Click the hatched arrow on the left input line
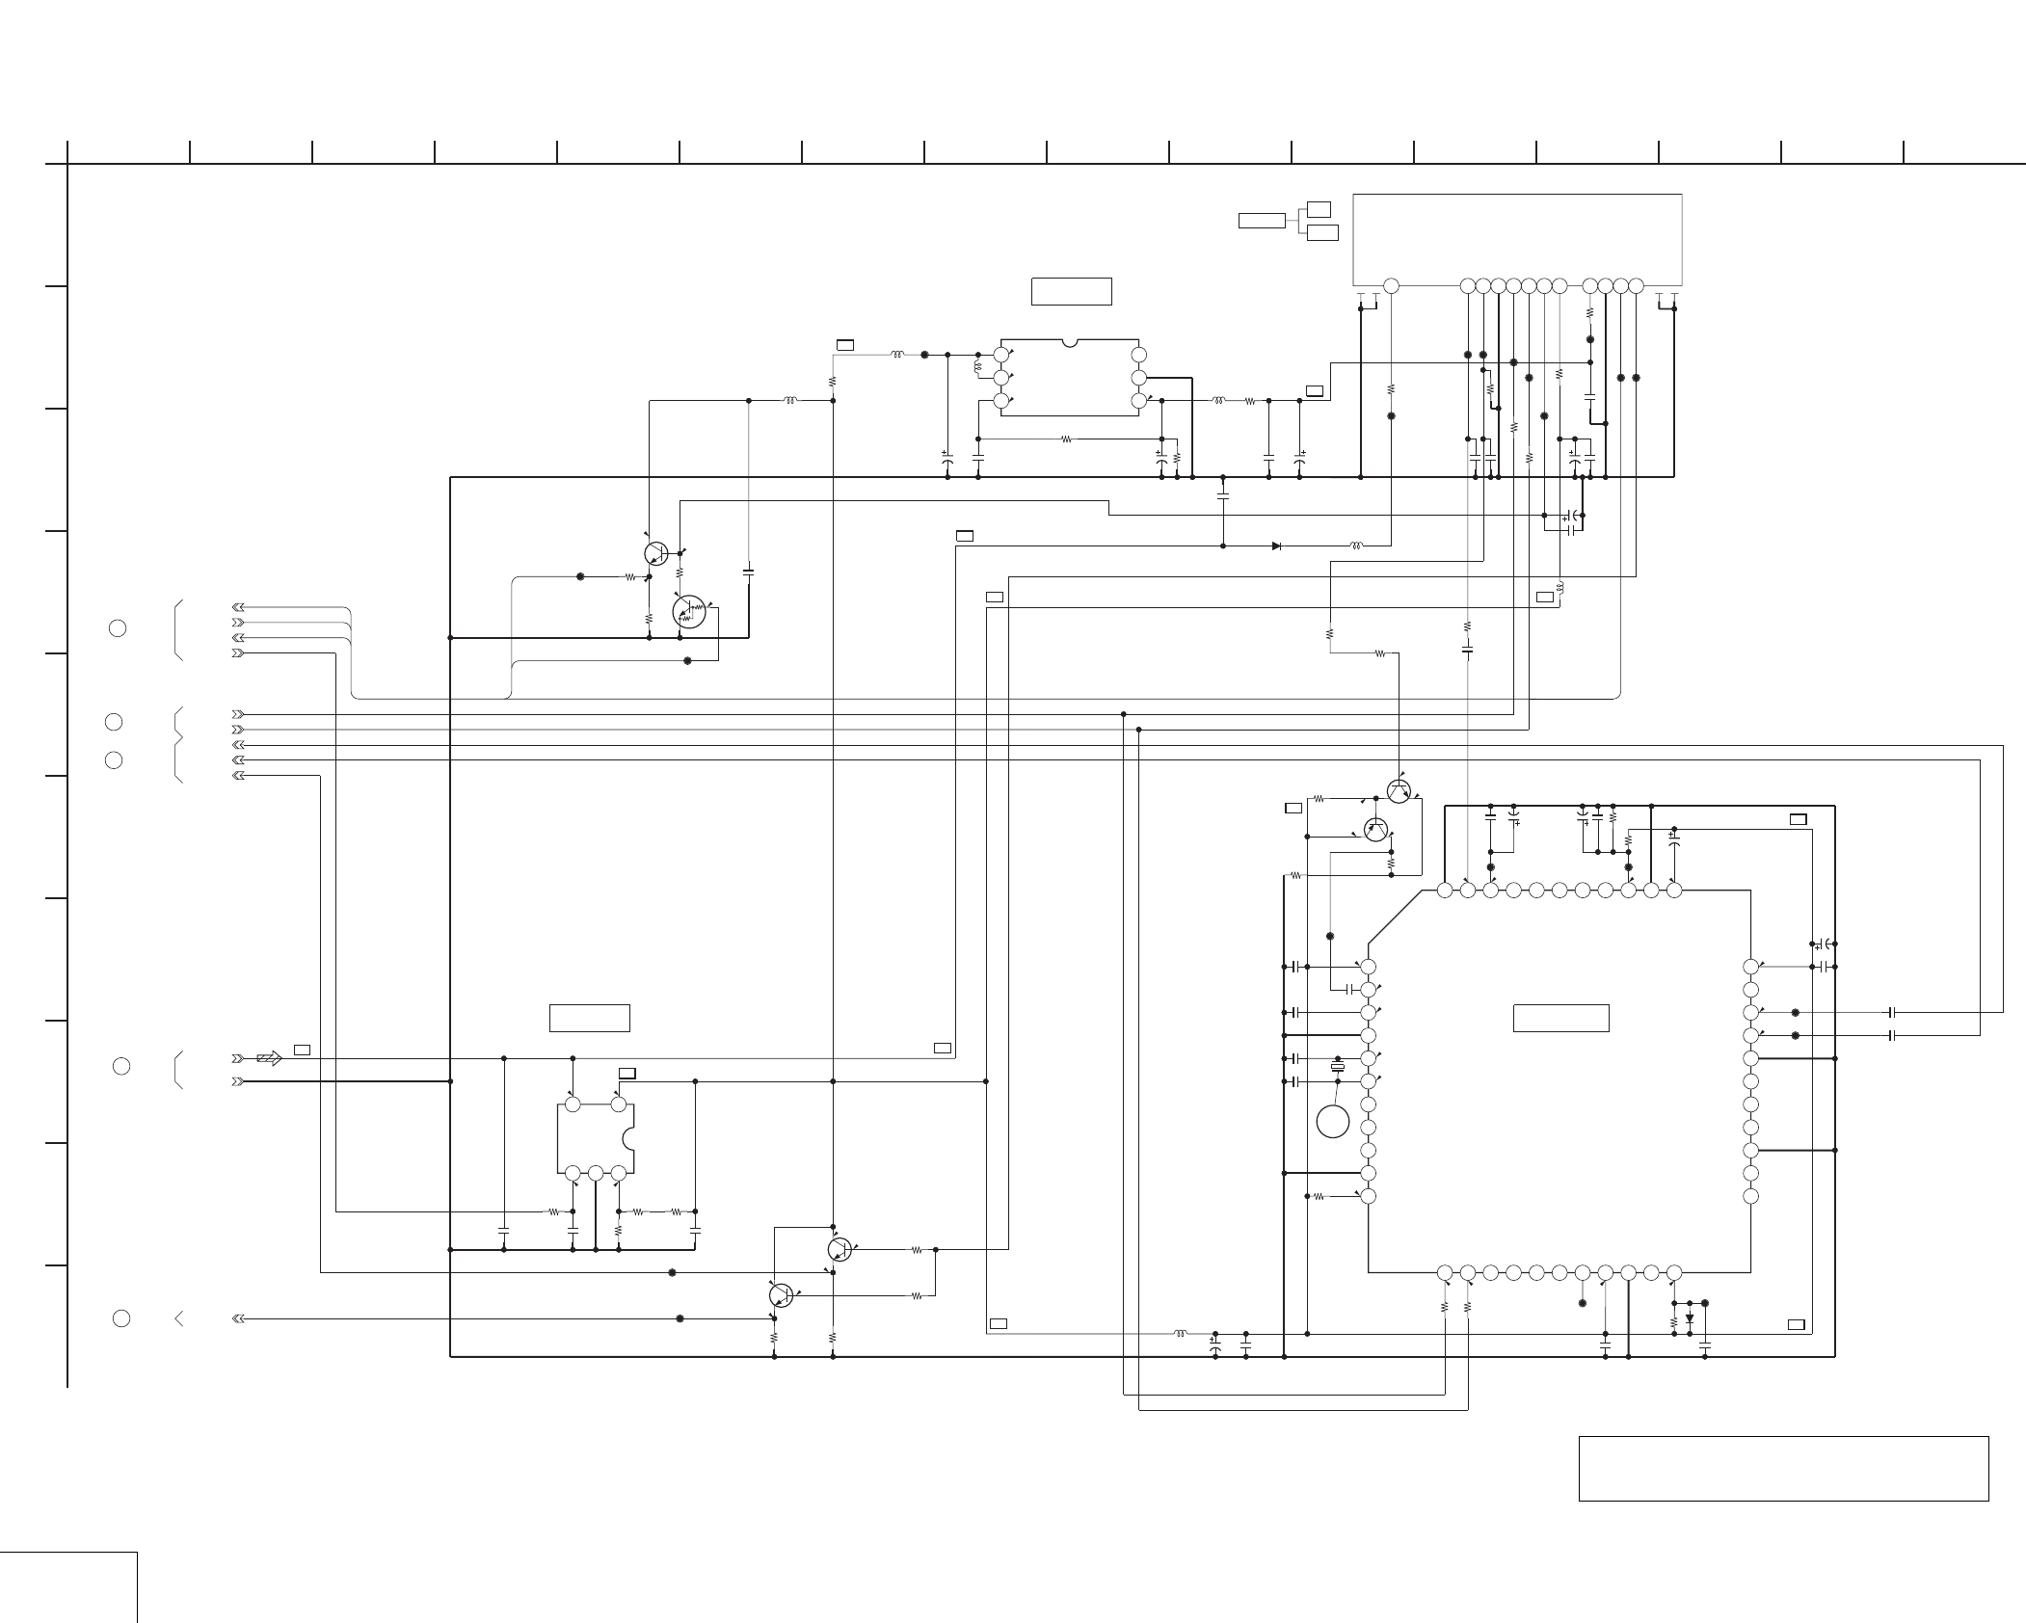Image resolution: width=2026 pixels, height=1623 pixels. pyautogui.click(x=270, y=1058)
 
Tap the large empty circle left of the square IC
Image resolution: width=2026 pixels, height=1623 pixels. pyautogui.click(x=1333, y=1121)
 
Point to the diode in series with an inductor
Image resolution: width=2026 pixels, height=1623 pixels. pyautogui.click(x=1276, y=545)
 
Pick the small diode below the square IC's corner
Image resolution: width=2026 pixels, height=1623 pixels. pyautogui.click(x=1689, y=1318)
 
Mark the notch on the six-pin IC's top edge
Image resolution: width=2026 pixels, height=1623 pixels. pyautogui.click(x=1069, y=342)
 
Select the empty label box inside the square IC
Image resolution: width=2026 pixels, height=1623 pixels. pyautogui.click(x=1560, y=1018)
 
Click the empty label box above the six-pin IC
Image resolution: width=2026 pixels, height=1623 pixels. pyautogui.click(x=1071, y=291)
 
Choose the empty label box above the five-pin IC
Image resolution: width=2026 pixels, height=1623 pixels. pyautogui.click(x=589, y=1018)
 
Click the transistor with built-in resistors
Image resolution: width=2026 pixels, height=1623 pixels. pyautogui.click(x=689, y=611)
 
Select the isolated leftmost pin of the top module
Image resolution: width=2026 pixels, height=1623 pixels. pyautogui.click(x=1391, y=285)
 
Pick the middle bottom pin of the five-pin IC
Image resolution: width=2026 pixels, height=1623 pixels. pyautogui.click(x=596, y=1173)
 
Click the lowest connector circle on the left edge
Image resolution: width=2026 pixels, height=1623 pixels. pyautogui.click(x=121, y=1318)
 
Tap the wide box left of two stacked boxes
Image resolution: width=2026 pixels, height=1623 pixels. pyautogui.click(x=1262, y=221)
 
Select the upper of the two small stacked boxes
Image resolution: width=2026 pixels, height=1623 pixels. pyautogui.click(x=1320, y=209)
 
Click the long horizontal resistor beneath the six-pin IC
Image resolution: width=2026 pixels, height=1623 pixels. pyautogui.click(x=1066, y=439)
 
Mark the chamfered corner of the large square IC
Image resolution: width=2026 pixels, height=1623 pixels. pyautogui.click(x=1395, y=916)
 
